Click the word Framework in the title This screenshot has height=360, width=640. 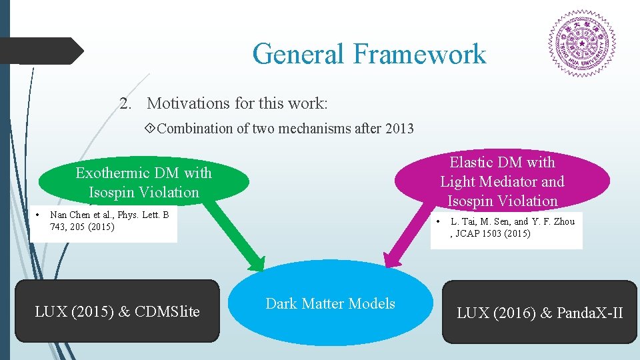click(420, 54)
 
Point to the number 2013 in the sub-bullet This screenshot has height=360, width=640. click(399, 129)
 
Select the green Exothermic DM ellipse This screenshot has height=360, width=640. click(143, 182)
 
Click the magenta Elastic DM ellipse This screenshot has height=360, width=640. click(502, 181)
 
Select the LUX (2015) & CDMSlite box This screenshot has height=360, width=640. click(117, 311)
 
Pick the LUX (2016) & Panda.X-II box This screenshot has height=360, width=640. click(539, 312)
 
